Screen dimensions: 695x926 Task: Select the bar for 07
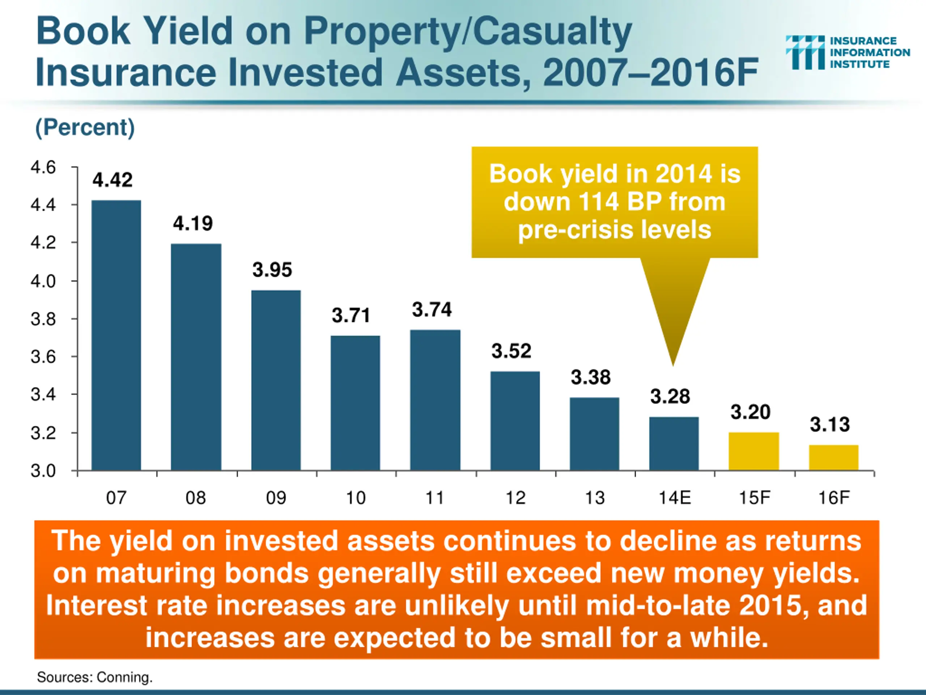pyautogui.click(x=116, y=335)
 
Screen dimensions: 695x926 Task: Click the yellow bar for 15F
pyautogui.click(x=753, y=451)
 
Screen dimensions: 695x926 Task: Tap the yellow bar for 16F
pyautogui.click(x=833, y=458)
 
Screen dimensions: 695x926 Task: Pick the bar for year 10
pyautogui.click(x=356, y=403)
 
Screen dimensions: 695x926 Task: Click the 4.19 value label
pyautogui.click(x=193, y=223)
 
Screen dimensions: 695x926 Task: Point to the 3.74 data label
pyautogui.click(x=432, y=310)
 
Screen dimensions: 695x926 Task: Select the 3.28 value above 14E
pyautogui.click(x=670, y=396)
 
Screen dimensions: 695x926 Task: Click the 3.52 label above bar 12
pyautogui.click(x=511, y=351)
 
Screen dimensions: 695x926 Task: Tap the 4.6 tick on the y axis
pyautogui.click(x=43, y=168)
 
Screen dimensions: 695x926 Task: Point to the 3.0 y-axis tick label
pyautogui.click(x=43, y=471)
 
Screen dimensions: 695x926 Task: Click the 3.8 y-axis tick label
pyautogui.click(x=43, y=319)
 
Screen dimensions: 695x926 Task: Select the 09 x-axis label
pyautogui.click(x=276, y=498)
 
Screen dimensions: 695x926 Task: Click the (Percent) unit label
pyautogui.click(x=85, y=127)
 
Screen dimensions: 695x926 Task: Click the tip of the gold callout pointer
pyautogui.click(x=673, y=365)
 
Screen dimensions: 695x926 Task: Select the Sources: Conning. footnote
pyautogui.click(x=95, y=677)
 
